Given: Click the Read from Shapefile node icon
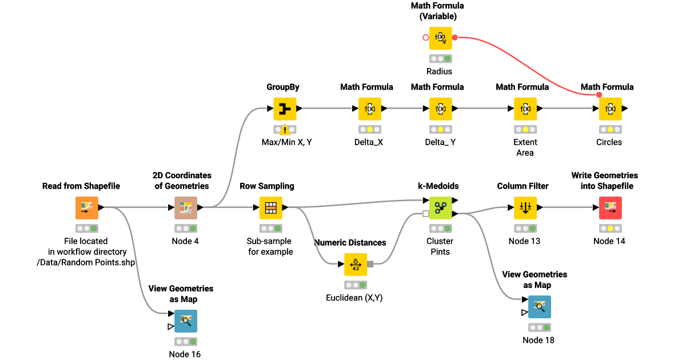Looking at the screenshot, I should pos(87,208).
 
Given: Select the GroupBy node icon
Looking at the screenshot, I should pos(284,109).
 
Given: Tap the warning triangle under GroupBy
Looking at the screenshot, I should pos(285,130).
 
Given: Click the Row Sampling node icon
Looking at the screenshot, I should pos(271,208).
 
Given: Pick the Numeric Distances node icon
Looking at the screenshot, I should pos(356,264).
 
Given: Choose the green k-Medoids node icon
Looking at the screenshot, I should pos(440,208).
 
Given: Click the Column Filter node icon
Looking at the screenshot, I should pos(525,208).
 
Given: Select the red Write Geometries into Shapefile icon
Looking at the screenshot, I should pos(610,208).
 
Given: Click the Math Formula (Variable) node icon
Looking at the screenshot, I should pos(440,38).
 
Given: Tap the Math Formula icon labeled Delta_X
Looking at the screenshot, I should pos(369,109).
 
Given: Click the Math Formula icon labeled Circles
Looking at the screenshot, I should pos(610,109).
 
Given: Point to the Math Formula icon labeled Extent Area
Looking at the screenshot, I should pos(525,109).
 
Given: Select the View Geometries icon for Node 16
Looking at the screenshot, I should pos(186,321).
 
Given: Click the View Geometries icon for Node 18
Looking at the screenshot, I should pos(539,307).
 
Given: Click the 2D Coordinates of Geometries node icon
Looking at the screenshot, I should pos(186,208).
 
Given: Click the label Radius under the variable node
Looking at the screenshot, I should pos(439,71).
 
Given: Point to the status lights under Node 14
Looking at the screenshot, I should pos(610,229).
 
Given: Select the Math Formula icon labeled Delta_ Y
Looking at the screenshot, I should pos(440,109).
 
